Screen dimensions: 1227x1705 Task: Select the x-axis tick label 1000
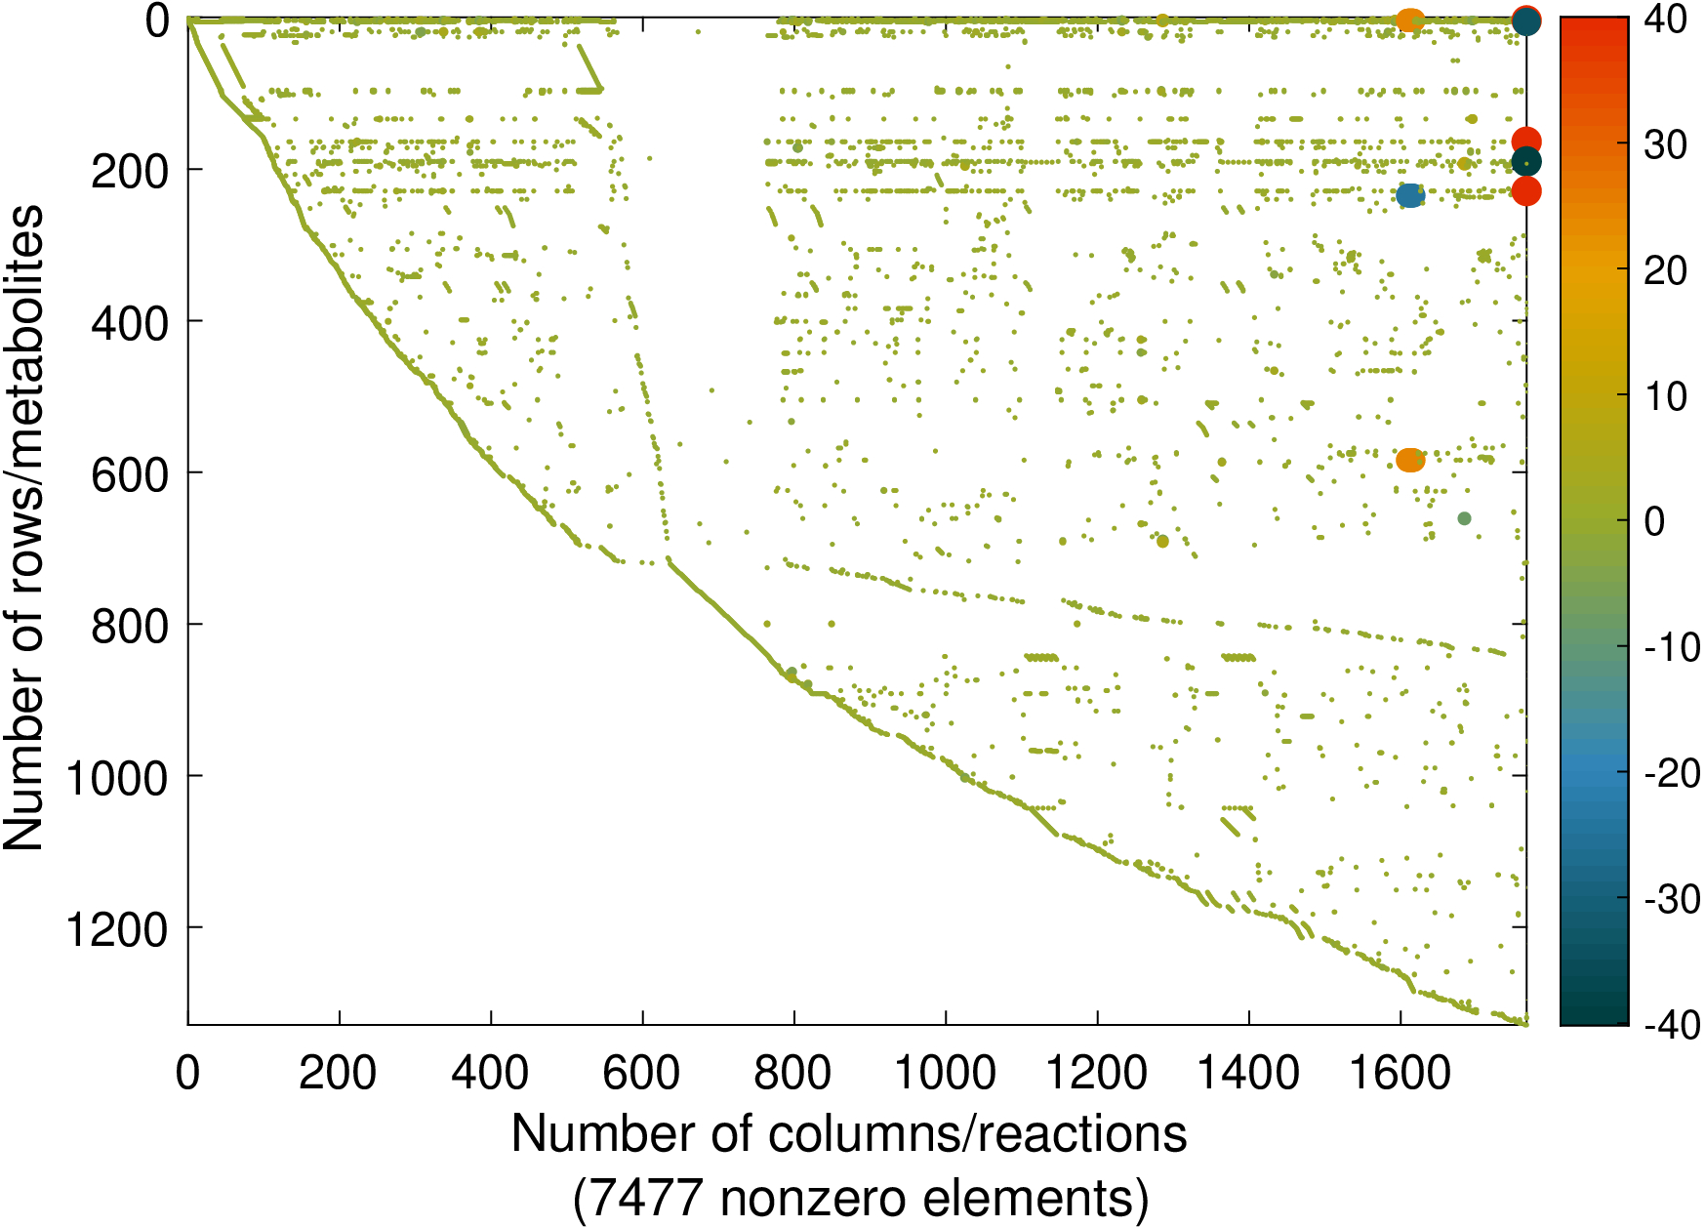(945, 1074)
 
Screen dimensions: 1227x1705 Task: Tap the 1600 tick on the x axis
(1401, 1074)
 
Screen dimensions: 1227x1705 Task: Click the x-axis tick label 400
(490, 1074)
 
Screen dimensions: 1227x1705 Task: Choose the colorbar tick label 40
(1665, 20)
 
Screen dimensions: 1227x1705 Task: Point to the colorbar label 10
(1665, 396)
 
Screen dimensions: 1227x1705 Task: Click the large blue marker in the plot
(1410, 195)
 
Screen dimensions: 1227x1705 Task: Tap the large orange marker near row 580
(1410, 460)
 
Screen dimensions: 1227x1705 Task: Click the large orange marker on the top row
(1410, 20)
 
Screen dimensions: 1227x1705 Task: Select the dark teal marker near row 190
(1526, 162)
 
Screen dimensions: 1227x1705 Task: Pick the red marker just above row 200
(1526, 142)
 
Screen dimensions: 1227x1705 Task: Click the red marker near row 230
(1526, 191)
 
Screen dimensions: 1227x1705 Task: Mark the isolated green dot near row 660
(1464, 518)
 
